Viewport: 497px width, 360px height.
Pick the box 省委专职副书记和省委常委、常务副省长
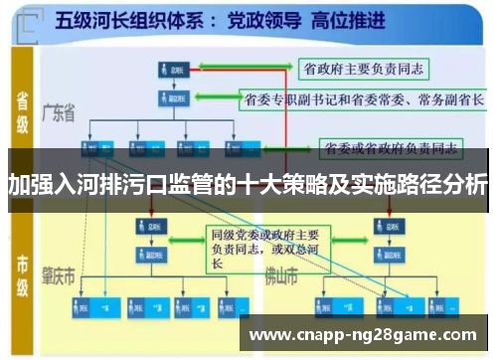click(364, 99)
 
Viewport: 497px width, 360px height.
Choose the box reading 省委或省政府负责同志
click(390, 150)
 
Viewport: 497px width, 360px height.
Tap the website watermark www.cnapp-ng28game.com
click(364, 334)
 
